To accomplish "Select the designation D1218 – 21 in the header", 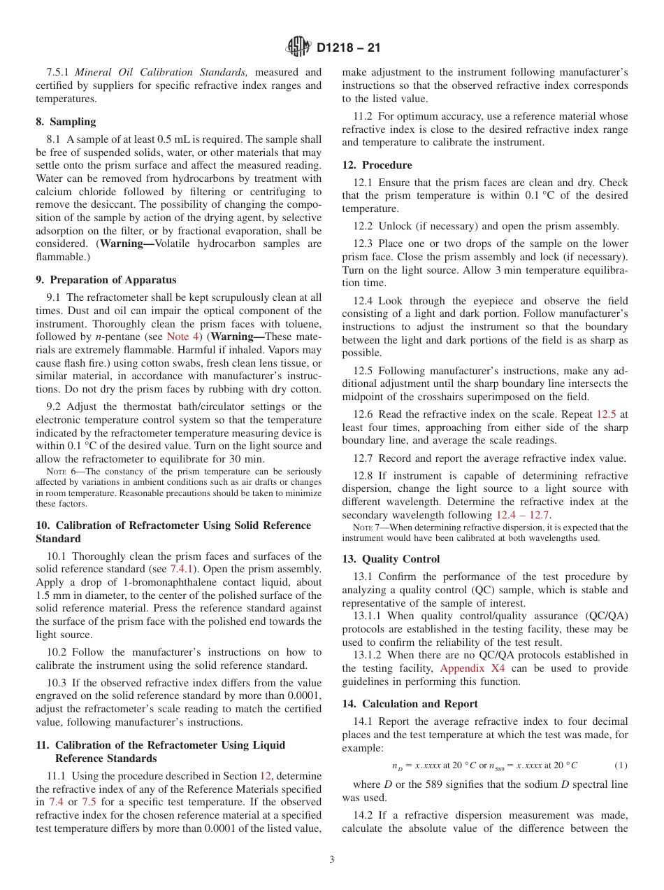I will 348,48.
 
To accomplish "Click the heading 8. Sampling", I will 66,122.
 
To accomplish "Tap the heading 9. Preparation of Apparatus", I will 106,280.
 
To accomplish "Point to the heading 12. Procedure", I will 377,165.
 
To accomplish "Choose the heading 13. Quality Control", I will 391,559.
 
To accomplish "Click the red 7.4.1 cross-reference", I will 182,569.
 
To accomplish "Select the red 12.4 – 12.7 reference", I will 524,515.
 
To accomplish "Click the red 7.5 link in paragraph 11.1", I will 89,803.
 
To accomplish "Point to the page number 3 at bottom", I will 331,859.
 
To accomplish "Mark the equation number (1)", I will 621,765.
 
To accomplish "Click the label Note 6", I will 58,472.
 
